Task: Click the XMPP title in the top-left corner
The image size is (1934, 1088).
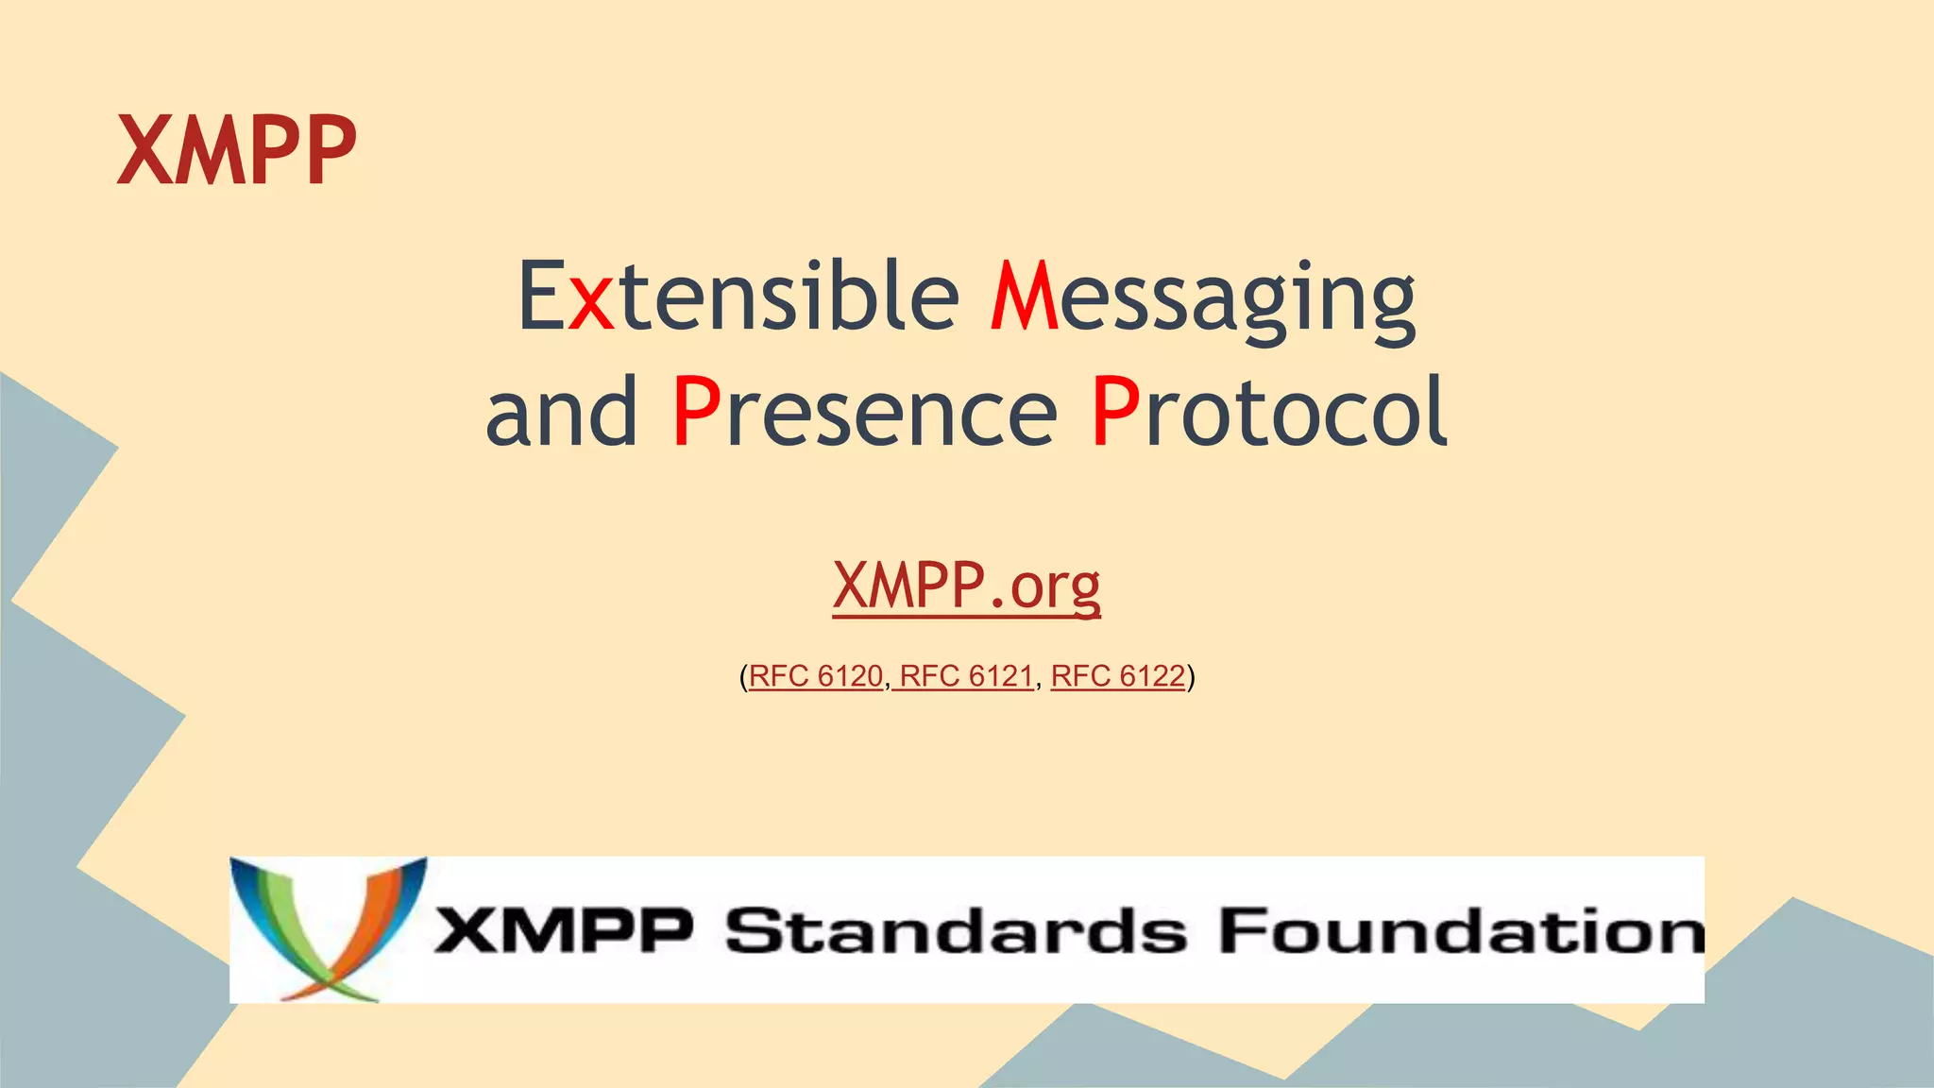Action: click(236, 151)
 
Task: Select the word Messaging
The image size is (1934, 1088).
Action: click(1202, 298)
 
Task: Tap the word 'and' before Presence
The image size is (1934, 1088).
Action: click(561, 412)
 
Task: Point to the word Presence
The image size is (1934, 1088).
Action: click(864, 412)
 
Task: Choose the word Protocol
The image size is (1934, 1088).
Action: click(1268, 412)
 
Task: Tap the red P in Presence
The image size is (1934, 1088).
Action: click(697, 412)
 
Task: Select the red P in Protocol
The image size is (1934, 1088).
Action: click(1114, 412)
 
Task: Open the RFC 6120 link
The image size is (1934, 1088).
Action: click(816, 676)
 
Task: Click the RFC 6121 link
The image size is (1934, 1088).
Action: click(966, 676)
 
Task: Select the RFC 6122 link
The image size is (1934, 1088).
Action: click(1117, 676)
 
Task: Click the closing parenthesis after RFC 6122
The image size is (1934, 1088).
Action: click(1191, 677)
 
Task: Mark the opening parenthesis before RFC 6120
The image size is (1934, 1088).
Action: click(743, 677)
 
